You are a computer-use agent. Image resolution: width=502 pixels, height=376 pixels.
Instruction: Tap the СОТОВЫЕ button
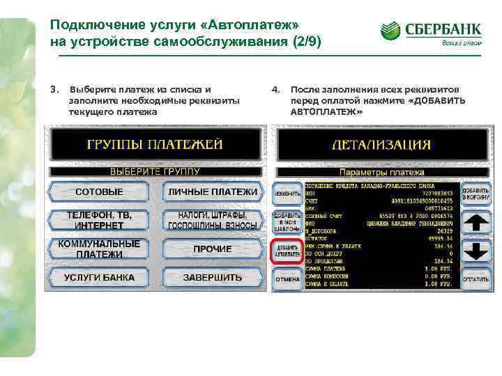point(99,191)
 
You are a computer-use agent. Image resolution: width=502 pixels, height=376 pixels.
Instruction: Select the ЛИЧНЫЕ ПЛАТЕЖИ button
point(212,191)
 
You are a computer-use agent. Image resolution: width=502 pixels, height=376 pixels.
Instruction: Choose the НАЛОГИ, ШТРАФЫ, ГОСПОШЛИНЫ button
point(212,220)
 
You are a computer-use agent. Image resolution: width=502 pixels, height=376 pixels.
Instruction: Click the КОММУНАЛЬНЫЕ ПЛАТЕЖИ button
point(99,249)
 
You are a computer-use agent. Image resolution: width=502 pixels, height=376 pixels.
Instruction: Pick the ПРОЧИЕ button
point(212,249)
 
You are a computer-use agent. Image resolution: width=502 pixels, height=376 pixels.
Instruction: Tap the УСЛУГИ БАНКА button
point(99,277)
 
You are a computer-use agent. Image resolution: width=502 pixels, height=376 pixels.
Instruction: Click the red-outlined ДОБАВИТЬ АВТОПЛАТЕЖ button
point(287,251)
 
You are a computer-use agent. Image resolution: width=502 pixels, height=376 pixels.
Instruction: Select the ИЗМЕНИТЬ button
point(287,192)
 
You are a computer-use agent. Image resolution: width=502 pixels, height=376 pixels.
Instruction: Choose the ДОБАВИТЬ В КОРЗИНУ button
point(476,193)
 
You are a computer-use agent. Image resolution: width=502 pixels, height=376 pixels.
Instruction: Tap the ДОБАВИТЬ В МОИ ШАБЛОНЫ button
point(287,222)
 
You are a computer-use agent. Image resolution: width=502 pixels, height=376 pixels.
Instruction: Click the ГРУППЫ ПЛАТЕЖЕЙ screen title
point(155,144)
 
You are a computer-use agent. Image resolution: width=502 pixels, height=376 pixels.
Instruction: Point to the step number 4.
point(275,90)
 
